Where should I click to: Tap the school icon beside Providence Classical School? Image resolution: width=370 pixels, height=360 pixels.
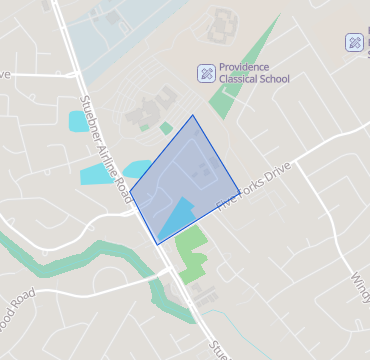(x=204, y=73)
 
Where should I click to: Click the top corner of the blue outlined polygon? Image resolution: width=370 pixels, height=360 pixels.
(x=193, y=115)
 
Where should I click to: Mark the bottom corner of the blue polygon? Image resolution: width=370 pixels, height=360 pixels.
(x=157, y=244)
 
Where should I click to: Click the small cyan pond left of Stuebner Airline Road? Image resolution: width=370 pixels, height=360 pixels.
(x=77, y=122)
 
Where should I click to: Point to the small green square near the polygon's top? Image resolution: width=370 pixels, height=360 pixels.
(x=166, y=128)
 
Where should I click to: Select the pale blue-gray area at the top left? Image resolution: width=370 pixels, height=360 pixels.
(x=110, y=40)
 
